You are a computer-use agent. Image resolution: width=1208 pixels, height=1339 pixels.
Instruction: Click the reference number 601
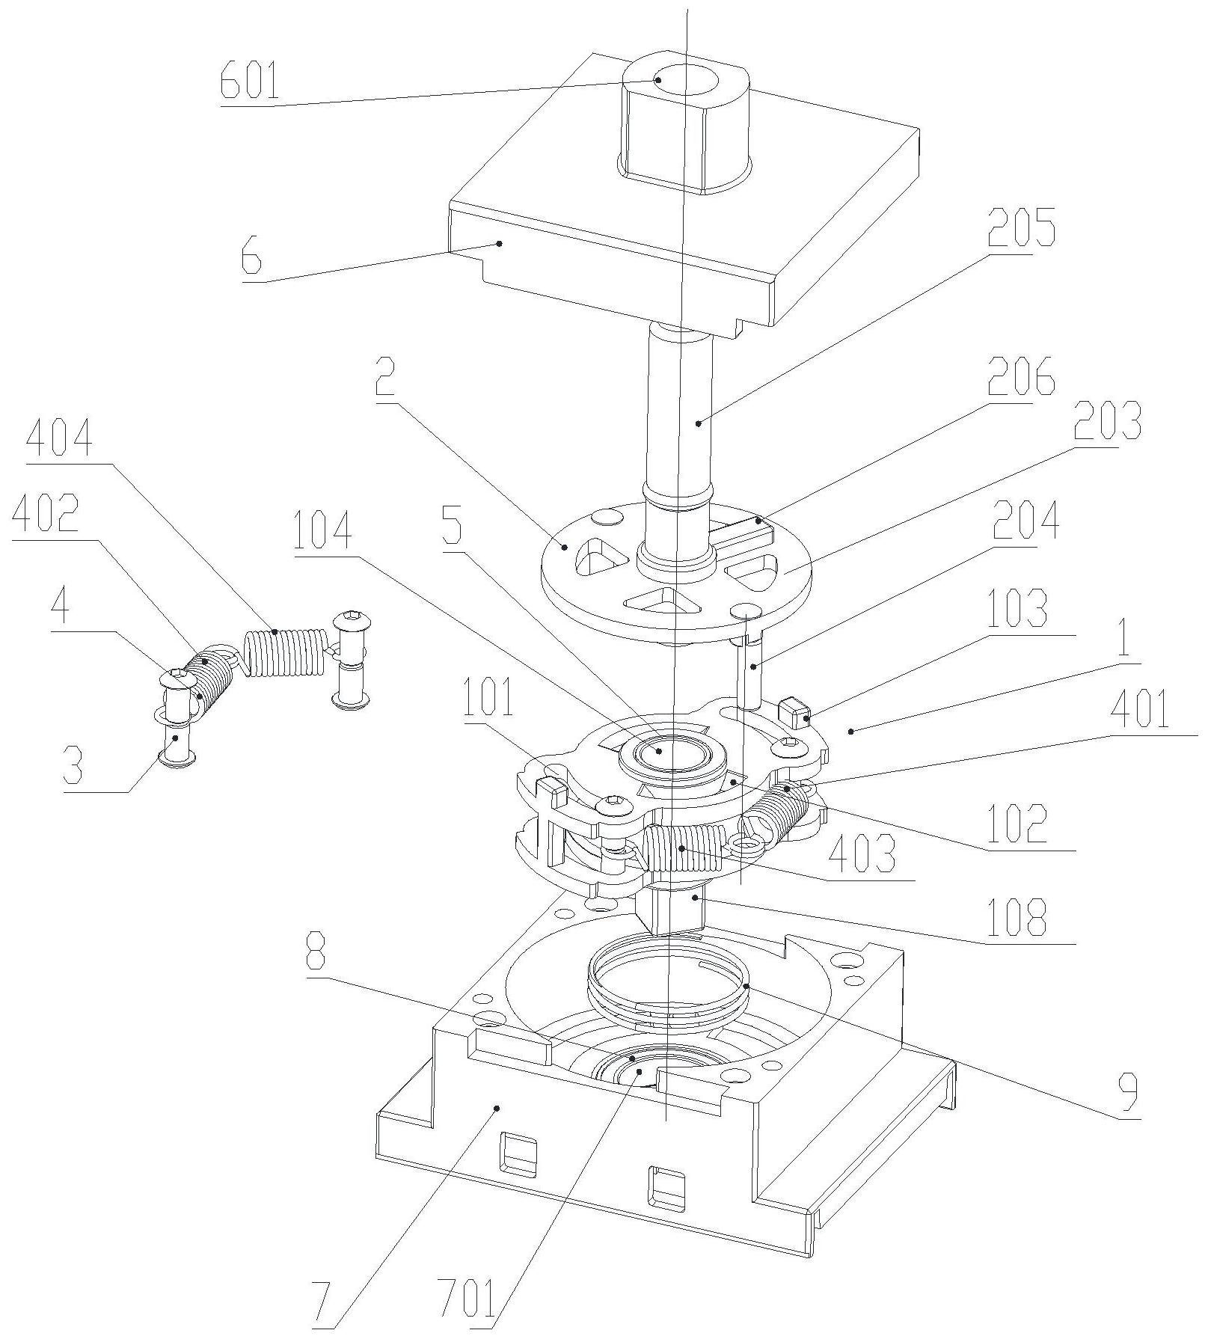tap(250, 82)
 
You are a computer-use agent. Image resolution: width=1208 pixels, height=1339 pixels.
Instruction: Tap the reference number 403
tap(861, 852)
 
